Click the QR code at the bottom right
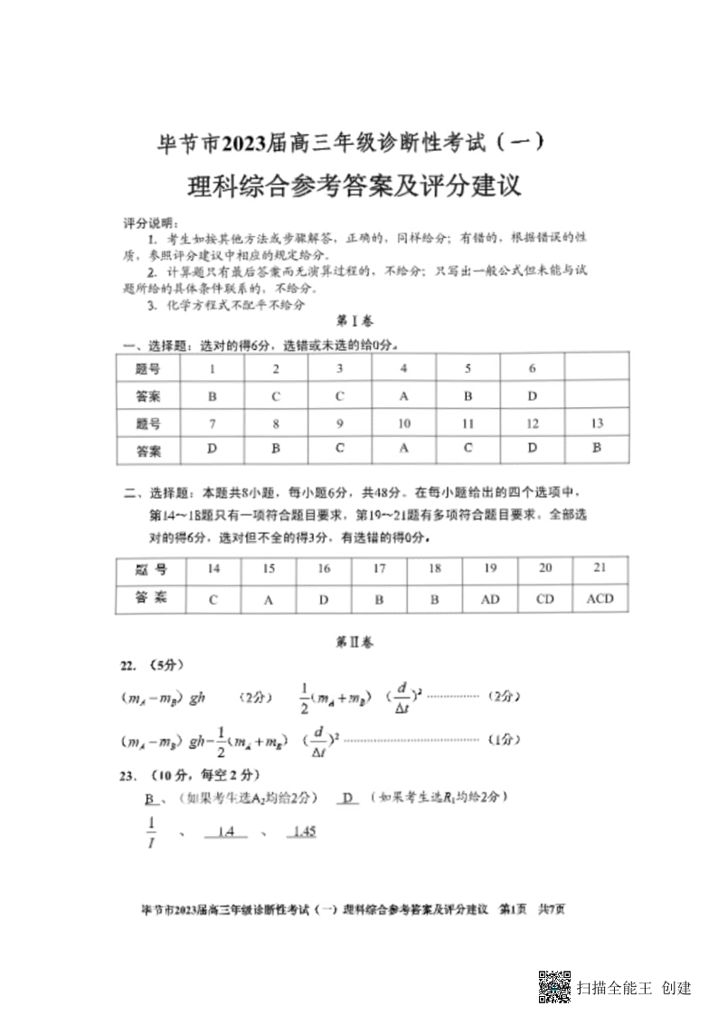[x=554, y=987]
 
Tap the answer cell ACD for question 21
[x=600, y=598]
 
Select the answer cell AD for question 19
[x=490, y=598]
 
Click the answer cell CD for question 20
[x=545, y=598]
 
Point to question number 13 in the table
[x=596, y=423]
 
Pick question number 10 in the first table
[x=403, y=423]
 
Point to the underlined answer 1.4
[x=225, y=831]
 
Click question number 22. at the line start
[x=129, y=665]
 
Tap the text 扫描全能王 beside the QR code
[x=614, y=987]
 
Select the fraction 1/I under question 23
[x=151, y=831]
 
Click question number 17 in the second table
[x=380, y=568]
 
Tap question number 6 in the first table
[x=533, y=368]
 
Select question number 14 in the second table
[x=213, y=568]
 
